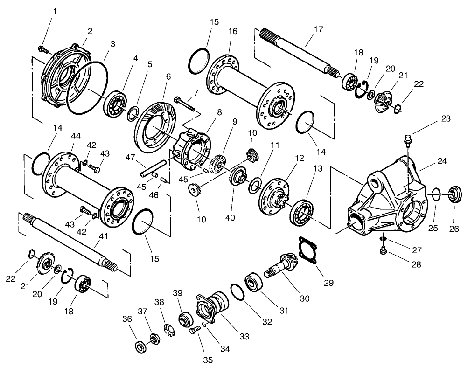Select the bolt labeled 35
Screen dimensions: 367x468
pyautogui.click(x=195, y=331)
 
